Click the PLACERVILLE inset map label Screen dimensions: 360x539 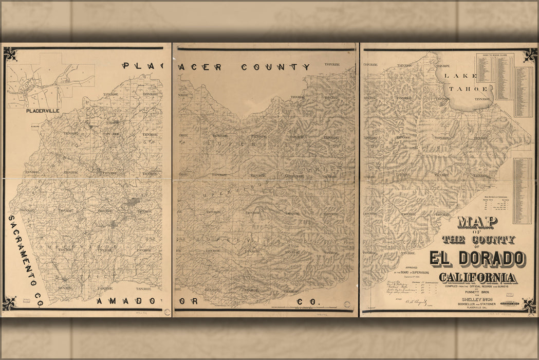(x=43, y=111)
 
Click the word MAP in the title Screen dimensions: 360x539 (x=477, y=222)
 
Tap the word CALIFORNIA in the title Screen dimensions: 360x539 (x=478, y=278)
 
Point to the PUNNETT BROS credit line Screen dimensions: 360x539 (x=478, y=292)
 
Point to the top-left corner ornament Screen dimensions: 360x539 (x=10, y=54)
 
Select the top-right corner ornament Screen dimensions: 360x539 (x=530, y=55)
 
